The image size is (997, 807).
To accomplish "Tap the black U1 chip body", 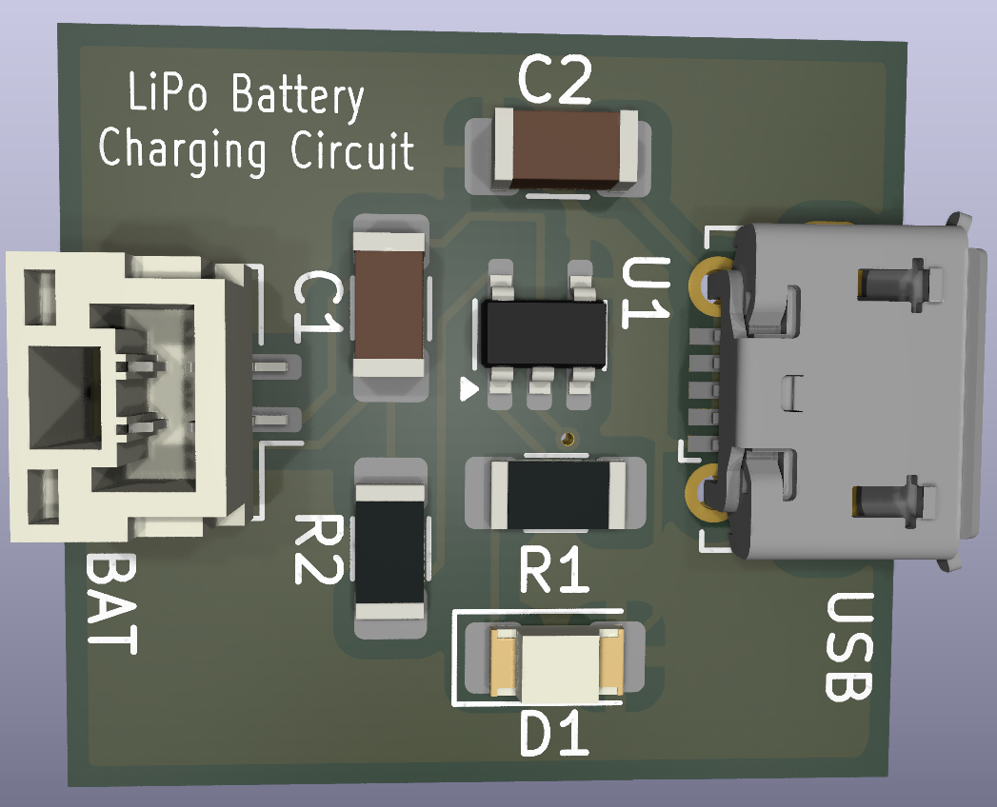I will (x=544, y=334).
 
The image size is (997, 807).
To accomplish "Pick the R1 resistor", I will (x=558, y=493).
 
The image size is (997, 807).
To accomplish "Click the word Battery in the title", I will (x=298, y=98).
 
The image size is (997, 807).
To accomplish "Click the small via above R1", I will (x=568, y=439).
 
